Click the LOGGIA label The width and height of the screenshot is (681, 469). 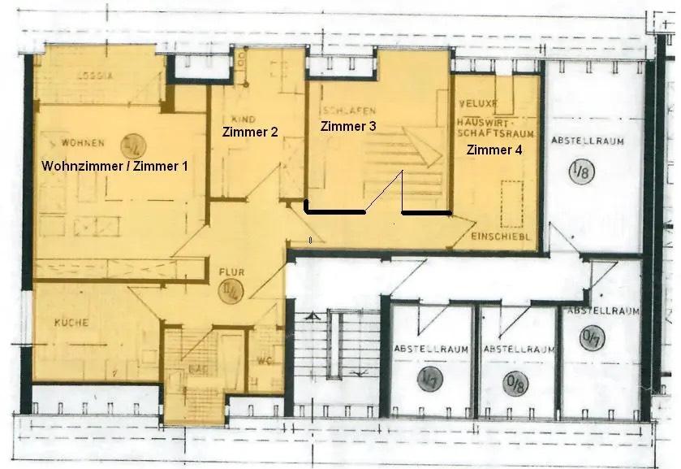[94, 76]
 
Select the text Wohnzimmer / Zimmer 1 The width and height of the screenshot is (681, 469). [114, 165]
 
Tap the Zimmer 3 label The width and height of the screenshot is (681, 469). [348, 126]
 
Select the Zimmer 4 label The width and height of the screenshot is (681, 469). [494, 150]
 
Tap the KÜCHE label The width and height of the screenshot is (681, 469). [71, 323]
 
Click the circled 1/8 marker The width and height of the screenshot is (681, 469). [580, 172]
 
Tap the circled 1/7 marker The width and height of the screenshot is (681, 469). [429, 378]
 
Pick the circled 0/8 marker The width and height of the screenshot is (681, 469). [515, 379]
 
